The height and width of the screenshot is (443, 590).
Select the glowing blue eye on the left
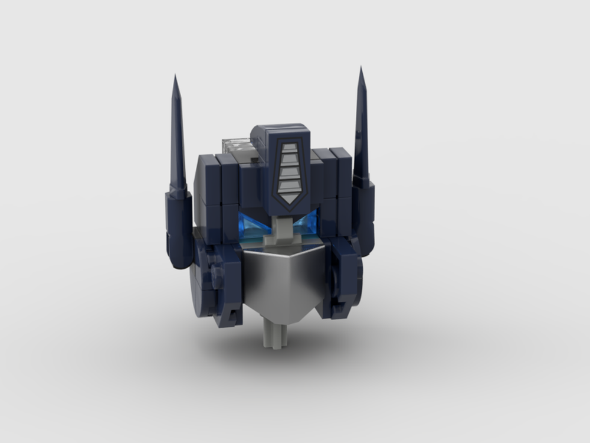point(252,226)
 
